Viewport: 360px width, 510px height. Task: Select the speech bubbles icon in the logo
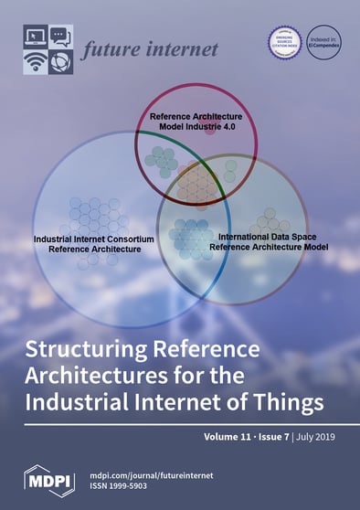coord(59,37)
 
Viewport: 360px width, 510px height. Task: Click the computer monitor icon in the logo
coord(35,37)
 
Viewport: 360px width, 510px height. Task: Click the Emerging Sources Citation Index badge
coord(283,41)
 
